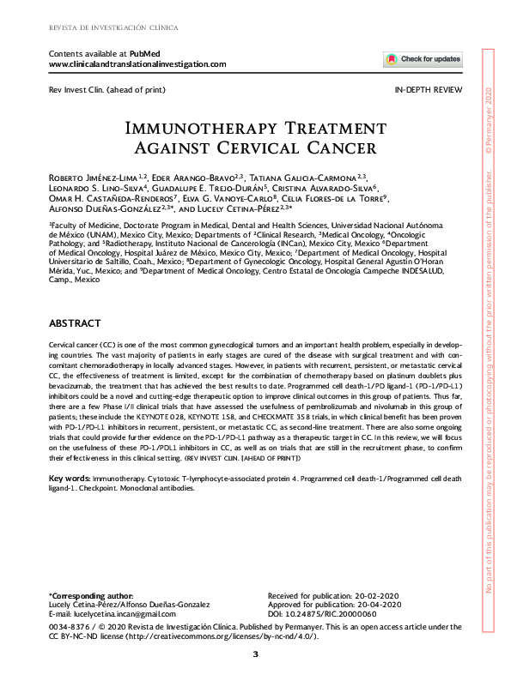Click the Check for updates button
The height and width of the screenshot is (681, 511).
tap(423, 60)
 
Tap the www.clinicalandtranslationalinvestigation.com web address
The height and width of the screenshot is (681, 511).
tap(138, 64)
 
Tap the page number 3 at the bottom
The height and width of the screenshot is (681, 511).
tap(255, 655)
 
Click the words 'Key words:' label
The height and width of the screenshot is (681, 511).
tap(70, 477)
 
